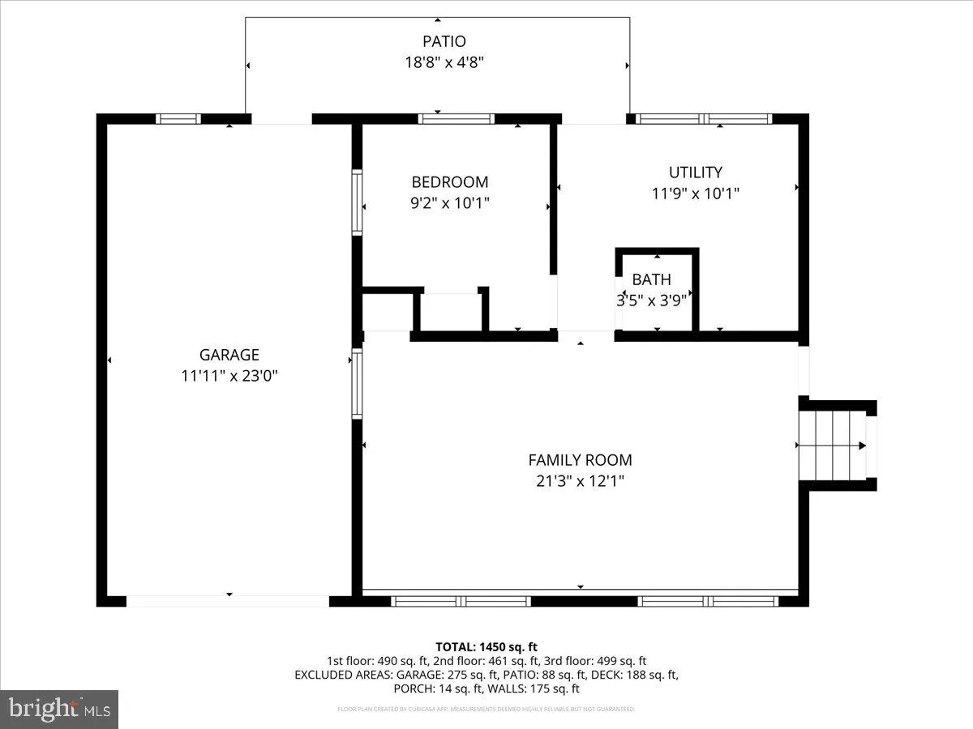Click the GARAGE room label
[x=229, y=355]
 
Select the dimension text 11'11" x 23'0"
[x=229, y=376]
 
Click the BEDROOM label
[x=450, y=182]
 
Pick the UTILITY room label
[x=695, y=173]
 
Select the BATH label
[x=651, y=280]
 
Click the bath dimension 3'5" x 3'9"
[x=651, y=301]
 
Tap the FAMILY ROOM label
[x=580, y=460]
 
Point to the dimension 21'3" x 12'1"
[x=580, y=481]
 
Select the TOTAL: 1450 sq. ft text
[x=486, y=646]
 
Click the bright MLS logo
[x=59, y=710]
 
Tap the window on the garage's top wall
[x=178, y=118]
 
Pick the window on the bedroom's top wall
[x=456, y=118]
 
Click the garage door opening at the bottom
[x=228, y=601]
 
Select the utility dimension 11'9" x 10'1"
[x=695, y=194]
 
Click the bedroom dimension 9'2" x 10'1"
[x=450, y=203]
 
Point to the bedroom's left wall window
[x=357, y=202]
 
